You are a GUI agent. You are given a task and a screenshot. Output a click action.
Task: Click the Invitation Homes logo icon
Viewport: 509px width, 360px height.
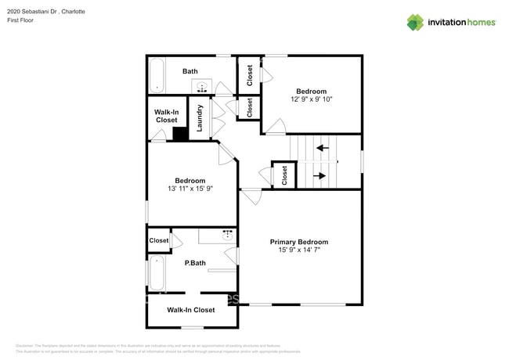(415, 22)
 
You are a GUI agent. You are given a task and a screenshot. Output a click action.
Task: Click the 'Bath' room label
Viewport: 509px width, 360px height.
(190, 71)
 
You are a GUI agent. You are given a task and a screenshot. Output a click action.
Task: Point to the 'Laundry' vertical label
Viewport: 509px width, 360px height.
(200, 117)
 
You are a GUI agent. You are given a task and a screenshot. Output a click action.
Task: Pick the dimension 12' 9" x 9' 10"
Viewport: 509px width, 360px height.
(312, 99)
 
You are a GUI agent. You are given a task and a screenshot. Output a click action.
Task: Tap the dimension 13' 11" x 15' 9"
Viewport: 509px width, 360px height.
(190, 189)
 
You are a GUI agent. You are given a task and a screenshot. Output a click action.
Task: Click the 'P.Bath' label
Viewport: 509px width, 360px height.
(195, 263)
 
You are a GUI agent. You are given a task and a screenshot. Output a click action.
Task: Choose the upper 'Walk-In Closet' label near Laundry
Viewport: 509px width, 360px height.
(166, 116)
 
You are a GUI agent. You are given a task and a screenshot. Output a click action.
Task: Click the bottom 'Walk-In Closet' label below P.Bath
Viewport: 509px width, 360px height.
(191, 310)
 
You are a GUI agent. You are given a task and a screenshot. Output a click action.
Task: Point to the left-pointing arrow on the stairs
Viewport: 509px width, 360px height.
(321, 147)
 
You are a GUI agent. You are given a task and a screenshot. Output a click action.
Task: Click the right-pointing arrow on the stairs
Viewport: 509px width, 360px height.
(319, 176)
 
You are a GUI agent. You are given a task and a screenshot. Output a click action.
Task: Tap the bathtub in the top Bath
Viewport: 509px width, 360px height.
(157, 76)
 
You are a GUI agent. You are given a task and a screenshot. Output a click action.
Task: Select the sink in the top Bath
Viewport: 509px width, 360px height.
(203, 86)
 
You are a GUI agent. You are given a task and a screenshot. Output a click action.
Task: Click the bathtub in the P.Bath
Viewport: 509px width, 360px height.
(156, 273)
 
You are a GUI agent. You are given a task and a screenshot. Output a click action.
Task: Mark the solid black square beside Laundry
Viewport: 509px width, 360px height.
(180, 134)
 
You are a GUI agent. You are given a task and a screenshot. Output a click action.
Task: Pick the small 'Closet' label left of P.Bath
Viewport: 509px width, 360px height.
(158, 240)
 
